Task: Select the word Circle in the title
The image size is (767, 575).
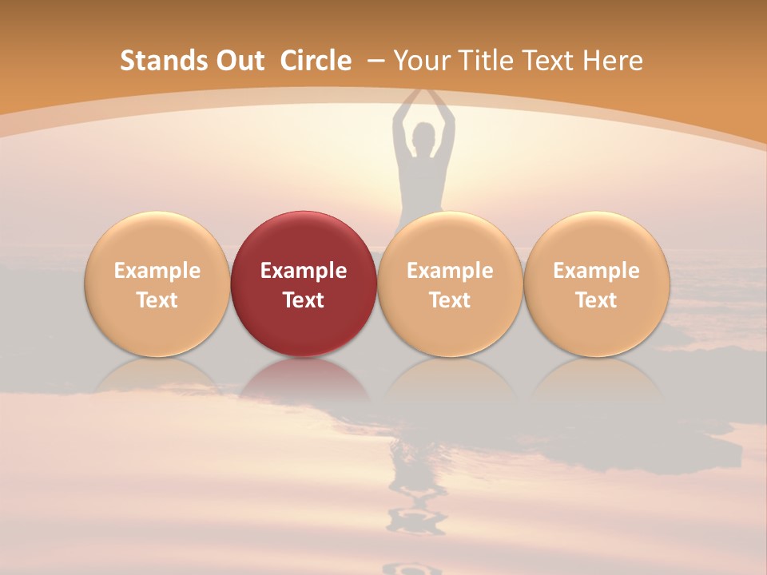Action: click(x=316, y=61)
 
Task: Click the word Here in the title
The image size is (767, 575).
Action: click(x=613, y=61)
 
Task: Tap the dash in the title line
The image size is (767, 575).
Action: click(x=376, y=61)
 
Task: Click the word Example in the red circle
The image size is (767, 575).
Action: click(x=304, y=271)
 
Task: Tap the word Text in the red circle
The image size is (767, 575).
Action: click(x=304, y=300)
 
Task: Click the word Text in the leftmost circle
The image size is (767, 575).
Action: click(x=157, y=300)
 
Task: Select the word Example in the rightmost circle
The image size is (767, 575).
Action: click(x=596, y=271)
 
